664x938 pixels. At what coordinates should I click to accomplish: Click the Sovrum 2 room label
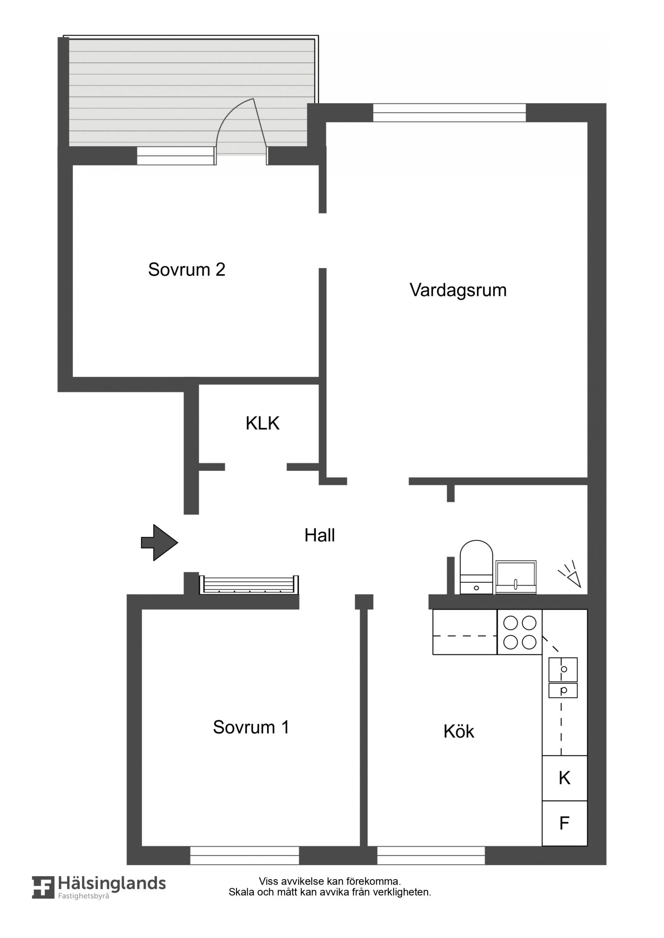click(186, 270)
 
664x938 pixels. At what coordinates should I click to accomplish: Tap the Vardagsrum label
click(458, 290)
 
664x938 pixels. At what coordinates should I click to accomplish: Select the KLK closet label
click(262, 424)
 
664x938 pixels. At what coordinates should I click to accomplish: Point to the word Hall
click(320, 536)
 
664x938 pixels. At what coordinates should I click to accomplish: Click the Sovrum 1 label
click(251, 727)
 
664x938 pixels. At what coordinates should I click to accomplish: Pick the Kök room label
click(459, 732)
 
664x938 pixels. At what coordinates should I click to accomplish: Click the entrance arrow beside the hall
click(160, 543)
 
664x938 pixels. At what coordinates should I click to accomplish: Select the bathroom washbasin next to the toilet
click(516, 577)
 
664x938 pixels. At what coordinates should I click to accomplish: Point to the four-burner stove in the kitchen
click(520, 632)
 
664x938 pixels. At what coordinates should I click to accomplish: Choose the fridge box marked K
click(564, 778)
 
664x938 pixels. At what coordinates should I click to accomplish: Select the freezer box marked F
click(564, 823)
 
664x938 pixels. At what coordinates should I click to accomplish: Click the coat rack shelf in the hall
click(249, 585)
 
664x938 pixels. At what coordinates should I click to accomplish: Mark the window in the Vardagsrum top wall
click(449, 113)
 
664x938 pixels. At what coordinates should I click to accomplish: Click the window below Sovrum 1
click(244, 855)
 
